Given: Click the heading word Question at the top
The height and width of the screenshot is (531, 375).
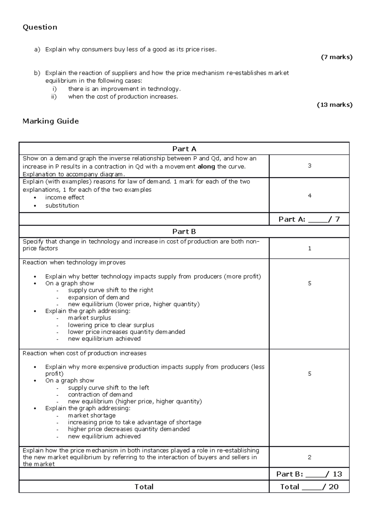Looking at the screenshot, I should click(x=40, y=27).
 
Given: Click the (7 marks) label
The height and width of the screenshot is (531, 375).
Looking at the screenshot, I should click(x=337, y=57).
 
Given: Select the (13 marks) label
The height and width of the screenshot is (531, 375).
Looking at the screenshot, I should click(x=335, y=105).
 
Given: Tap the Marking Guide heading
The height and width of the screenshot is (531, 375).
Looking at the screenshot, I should click(x=51, y=121).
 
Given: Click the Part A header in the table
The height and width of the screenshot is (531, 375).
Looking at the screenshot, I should click(x=184, y=149).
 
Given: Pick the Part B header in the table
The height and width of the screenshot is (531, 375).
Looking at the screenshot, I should click(x=184, y=231).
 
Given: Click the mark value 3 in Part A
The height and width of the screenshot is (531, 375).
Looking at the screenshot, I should click(x=309, y=166).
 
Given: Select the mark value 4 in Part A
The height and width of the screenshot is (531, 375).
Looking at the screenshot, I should click(x=309, y=195).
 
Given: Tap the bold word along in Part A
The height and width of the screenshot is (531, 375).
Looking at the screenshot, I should click(x=206, y=166).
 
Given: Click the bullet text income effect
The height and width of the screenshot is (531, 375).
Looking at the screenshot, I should click(x=65, y=197).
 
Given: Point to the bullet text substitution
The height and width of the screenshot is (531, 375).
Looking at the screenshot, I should click(x=62, y=205).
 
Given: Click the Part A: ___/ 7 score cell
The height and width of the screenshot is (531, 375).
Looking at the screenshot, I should click(x=309, y=219).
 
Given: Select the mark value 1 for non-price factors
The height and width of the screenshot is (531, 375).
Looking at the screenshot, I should click(x=309, y=248).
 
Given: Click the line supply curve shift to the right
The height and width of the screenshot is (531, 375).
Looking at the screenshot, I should click(x=110, y=290).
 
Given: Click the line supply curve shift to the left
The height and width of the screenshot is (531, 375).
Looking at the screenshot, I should click(x=108, y=387).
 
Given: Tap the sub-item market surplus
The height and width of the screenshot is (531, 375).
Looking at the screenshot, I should click(x=89, y=318).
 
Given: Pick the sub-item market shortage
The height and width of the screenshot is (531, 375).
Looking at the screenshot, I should click(x=92, y=415).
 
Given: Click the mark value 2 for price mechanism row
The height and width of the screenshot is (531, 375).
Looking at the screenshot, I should click(x=309, y=457).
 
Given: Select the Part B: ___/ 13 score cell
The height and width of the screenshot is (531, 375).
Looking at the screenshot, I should click(x=309, y=474).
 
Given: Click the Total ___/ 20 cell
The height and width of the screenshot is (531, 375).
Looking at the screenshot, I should click(x=309, y=487).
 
